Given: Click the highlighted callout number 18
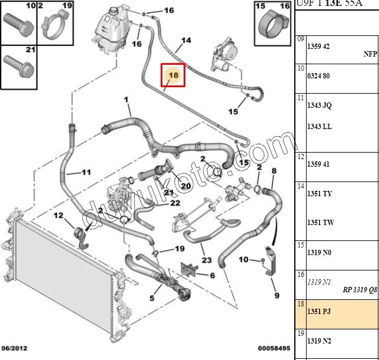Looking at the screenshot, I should tap(173, 75).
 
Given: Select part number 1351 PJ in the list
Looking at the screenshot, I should tap(319, 311).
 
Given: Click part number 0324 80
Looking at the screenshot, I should tap(318, 75).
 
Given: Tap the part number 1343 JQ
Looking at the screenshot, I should tap(319, 105).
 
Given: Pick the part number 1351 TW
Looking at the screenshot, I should tap(320, 223).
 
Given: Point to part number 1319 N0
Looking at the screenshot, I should tap(319, 252).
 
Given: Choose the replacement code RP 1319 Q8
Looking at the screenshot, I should tap(358, 289).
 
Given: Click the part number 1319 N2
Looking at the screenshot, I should tap(319, 341).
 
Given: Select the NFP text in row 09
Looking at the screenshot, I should tap(370, 53).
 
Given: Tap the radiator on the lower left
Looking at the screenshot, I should tap(59, 271).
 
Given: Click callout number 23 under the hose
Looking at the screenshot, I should tap(206, 260).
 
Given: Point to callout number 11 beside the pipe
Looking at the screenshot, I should tap(86, 173).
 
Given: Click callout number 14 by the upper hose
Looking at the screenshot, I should tap(186, 41).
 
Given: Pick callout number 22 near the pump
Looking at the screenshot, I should tap(175, 203).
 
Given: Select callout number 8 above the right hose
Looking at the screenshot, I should tap(274, 171).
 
